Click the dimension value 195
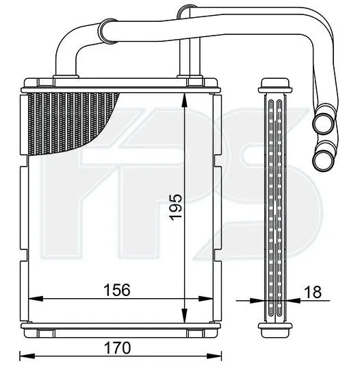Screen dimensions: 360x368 point(176,207)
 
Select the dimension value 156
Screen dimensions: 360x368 point(117,290)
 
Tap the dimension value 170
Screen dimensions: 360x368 point(117,348)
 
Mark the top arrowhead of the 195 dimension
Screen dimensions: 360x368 point(185,101)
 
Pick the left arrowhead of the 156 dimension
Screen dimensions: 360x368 point(36,299)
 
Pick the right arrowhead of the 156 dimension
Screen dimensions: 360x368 point(205,299)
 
